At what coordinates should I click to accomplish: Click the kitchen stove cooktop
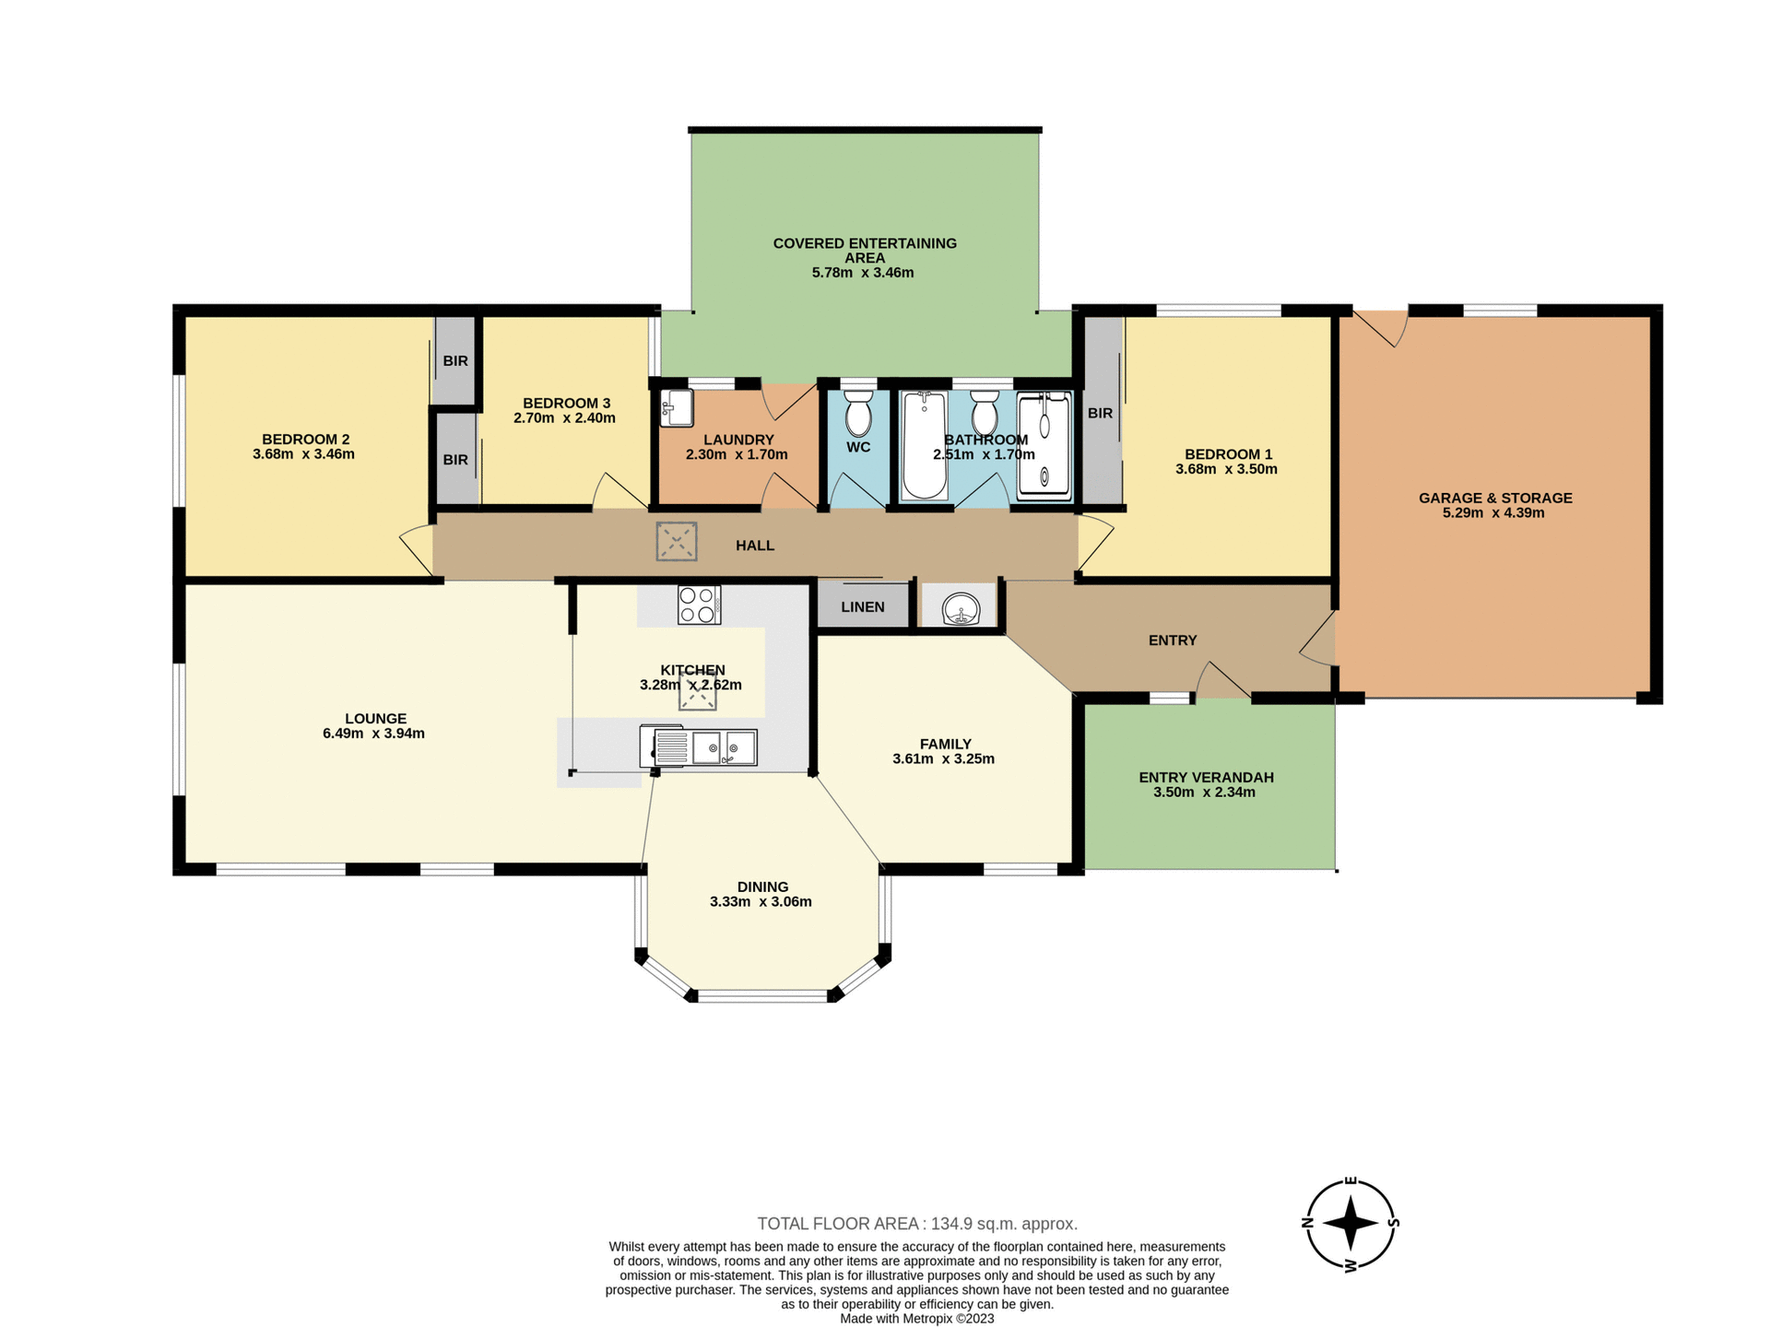click(x=699, y=605)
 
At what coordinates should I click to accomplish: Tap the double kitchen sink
click(x=724, y=747)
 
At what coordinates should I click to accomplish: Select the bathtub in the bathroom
click(x=923, y=445)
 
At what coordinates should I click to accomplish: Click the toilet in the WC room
click(x=858, y=414)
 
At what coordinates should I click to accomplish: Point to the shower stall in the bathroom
click(x=1044, y=446)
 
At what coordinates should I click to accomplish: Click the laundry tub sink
click(x=678, y=407)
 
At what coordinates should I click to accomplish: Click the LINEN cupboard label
click(x=862, y=606)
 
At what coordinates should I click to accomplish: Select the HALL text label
click(x=754, y=546)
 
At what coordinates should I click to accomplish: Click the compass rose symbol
click(x=1351, y=1224)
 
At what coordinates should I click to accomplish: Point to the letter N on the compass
click(x=1306, y=1224)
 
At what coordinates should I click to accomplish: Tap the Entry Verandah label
click(x=1205, y=777)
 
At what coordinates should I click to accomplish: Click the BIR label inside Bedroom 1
click(x=1100, y=413)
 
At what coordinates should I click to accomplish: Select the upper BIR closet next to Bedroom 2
click(x=455, y=360)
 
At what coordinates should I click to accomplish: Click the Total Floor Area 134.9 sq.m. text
click(x=916, y=1224)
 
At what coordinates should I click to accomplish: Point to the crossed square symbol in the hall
click(x=676, y=542)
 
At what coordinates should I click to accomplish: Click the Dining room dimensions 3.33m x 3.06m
click(x=761, y=901)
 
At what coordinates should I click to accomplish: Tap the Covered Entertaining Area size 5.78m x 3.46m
click(x=862, y=273)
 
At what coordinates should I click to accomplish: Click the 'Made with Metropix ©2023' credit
click(x=916, y=1319)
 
